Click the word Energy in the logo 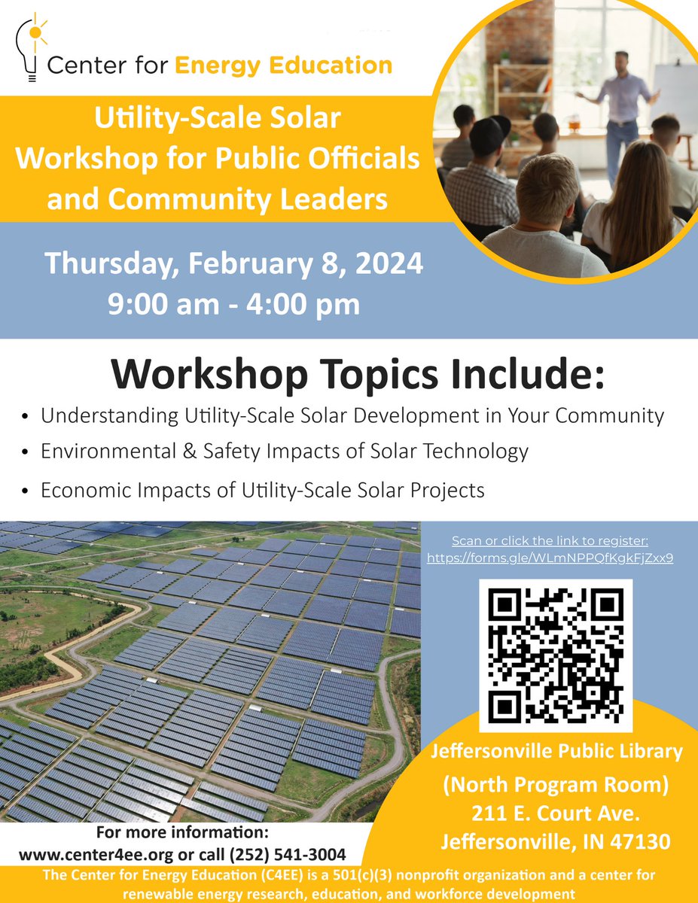pos(223,65)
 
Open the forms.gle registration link pos(550,558)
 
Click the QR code pos(556,655)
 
